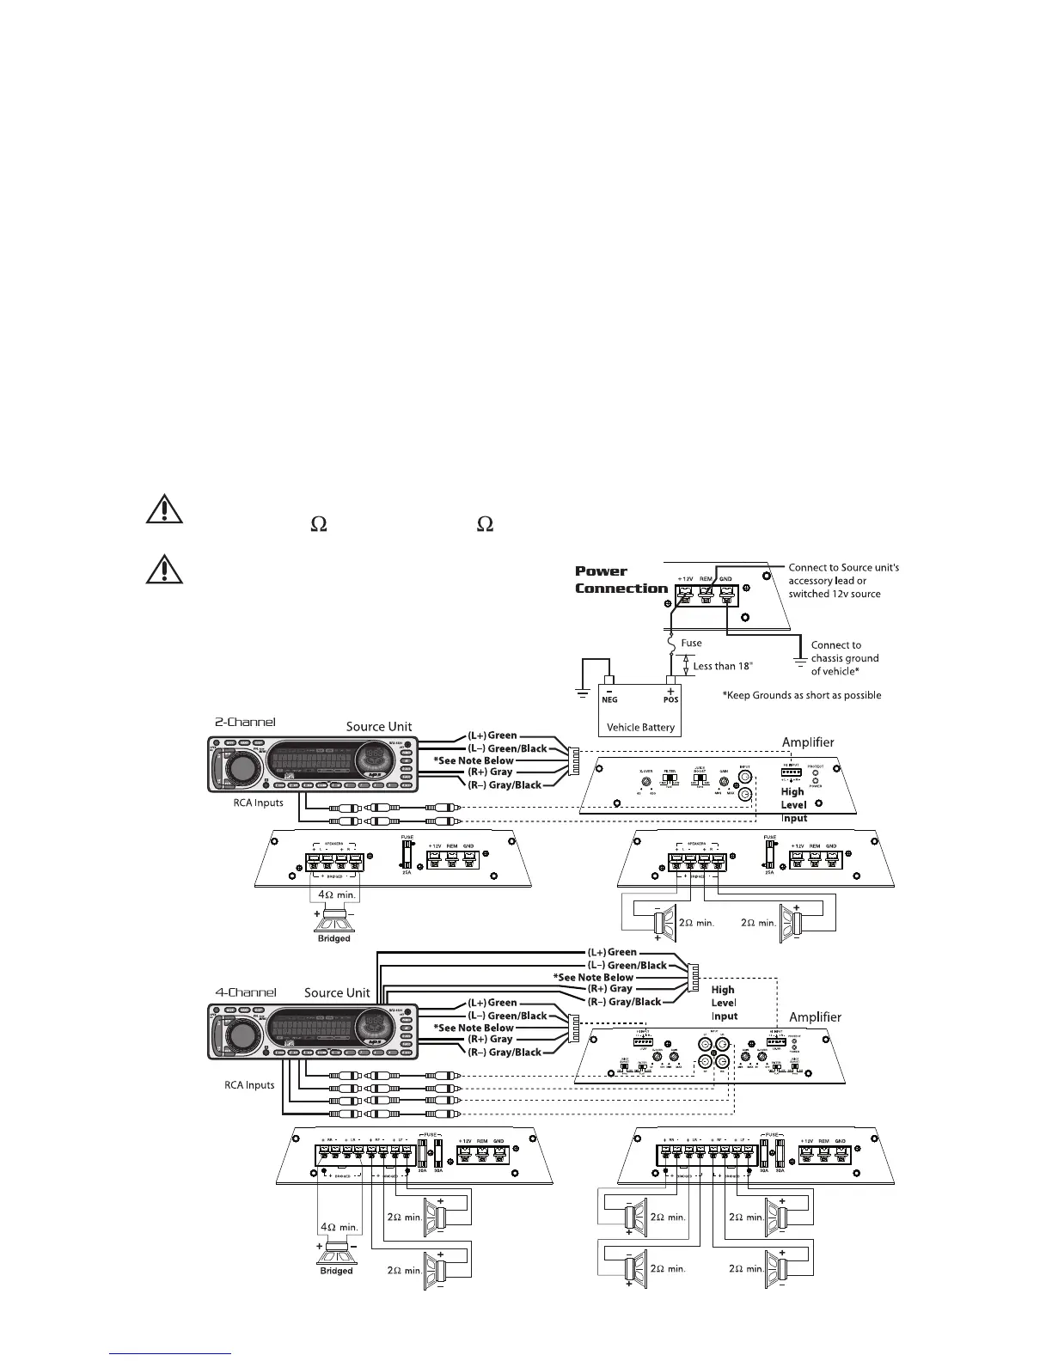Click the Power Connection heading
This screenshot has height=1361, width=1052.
click(x=621, y=580)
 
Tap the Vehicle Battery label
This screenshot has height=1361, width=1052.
click(x=640, y=727)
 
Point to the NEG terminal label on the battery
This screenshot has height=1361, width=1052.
click(x=609, y=699)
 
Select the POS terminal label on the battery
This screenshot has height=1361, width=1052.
click(x=670, y=699)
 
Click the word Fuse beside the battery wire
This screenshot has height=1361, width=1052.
click(x=691, y=643)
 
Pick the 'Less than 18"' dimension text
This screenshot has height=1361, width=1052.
click(x=723, y=666)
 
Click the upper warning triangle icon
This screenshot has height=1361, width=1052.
click(x=163, y=510)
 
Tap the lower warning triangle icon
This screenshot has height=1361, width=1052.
click(x=163, y=569)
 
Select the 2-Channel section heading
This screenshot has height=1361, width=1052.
click(x=245, y=722)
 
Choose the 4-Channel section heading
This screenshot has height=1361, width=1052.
click(x=245, y=992)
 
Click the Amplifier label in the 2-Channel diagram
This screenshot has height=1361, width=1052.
click(x=807, y=742)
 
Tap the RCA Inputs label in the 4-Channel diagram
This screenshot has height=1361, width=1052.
click(x=249, y=1085)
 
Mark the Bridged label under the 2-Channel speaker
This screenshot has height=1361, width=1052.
click(x=333, y=938)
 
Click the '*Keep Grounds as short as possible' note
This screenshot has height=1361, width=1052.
click(x=802, y=695)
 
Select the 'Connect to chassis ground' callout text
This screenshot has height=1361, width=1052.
click(x=844, y=658)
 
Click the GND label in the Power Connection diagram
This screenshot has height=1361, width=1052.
click(x=725, y=579)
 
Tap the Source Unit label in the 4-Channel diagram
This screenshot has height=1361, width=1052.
click(x=337, y=992)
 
